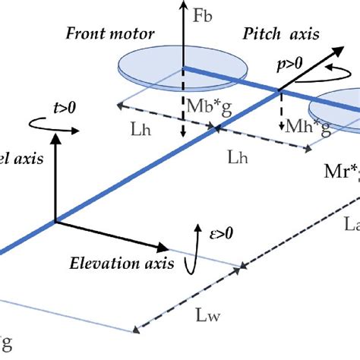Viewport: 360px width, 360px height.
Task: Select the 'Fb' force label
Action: pyautogui.click(x=203, y=14)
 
